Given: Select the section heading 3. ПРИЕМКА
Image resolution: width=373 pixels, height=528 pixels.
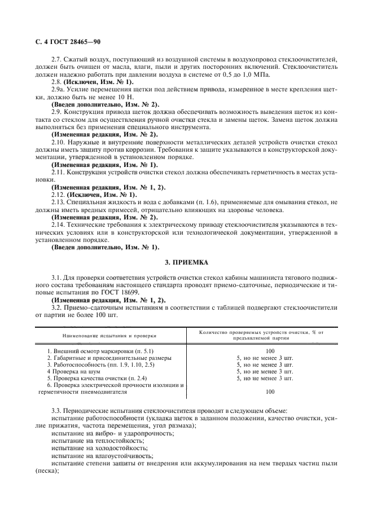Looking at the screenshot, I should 186,262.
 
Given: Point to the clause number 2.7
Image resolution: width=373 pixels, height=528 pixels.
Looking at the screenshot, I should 56,59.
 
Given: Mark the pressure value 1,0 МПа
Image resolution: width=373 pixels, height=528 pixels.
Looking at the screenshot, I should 255,74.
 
